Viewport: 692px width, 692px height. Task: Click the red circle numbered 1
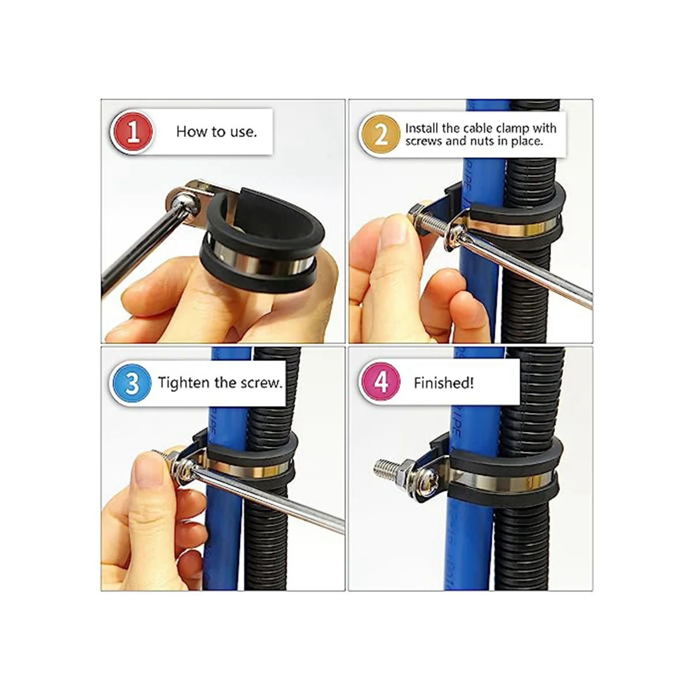(x=133, y=132)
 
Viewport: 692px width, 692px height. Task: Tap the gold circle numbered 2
(x=381, y=135)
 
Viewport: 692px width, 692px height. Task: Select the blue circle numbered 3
(x=132, y=383)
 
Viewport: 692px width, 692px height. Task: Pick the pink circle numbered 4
(x=381, y=382)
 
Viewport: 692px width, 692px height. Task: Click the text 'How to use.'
(x=217, y=132)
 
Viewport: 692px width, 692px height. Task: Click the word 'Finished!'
(x=443, y=383)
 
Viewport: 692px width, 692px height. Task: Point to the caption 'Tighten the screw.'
(x=220, y=383)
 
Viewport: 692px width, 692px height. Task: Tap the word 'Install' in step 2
(x=422, y=128)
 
